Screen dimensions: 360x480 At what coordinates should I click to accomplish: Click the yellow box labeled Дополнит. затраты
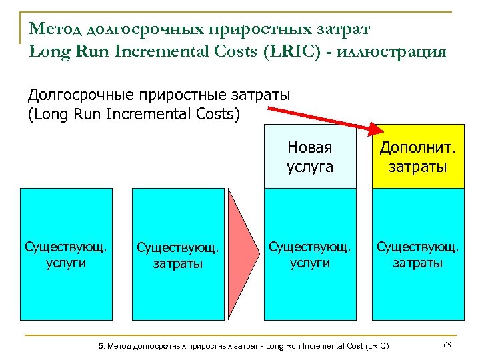tap(417, 157)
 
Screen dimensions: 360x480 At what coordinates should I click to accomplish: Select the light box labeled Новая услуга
tap(309, 157)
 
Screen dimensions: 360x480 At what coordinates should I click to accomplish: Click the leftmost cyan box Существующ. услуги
tap(65, 254)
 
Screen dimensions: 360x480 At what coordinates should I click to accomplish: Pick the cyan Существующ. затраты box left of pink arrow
tap(177, 254)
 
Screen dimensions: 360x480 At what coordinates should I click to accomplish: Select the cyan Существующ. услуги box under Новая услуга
tap(309, 254)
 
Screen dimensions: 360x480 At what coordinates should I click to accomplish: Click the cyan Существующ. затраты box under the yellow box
tap(417, 254)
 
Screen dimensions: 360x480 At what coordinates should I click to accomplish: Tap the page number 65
tap(447, 345)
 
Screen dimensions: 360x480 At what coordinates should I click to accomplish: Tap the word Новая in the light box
tap(310, 147)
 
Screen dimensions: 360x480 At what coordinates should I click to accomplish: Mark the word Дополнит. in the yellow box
tap(417, 147)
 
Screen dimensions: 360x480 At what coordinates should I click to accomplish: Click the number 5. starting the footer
tap(101, 346)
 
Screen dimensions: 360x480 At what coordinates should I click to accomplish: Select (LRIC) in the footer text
tap(375, 346)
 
